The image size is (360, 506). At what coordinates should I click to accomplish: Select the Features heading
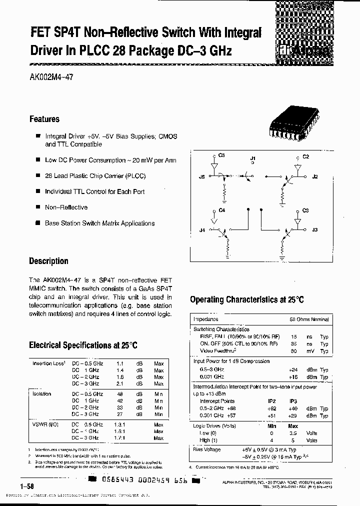(44, 119)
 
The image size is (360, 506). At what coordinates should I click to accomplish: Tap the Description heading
(48, 261)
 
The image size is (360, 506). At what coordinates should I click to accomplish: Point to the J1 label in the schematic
(252, 158)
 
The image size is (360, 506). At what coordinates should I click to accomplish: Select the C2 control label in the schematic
(306, 156)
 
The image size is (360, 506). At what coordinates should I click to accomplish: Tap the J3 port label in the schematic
(314, 230)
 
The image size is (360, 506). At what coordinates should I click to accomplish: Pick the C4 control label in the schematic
(222, 210)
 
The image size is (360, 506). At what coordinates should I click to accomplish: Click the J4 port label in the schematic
(202, 230)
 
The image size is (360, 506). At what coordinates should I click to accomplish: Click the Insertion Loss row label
(49, 363)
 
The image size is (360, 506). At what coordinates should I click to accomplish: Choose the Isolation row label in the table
(42, 394)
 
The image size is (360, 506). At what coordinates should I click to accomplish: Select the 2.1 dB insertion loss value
(119, 384)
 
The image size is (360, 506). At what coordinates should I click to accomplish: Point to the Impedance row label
(206, 319)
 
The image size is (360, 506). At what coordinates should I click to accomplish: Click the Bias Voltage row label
(207, 449)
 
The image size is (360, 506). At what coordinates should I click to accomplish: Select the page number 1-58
(27, 486)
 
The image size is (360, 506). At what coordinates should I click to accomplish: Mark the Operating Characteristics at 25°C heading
(246, 299)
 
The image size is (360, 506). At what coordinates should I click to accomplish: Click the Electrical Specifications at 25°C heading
(83, 345)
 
